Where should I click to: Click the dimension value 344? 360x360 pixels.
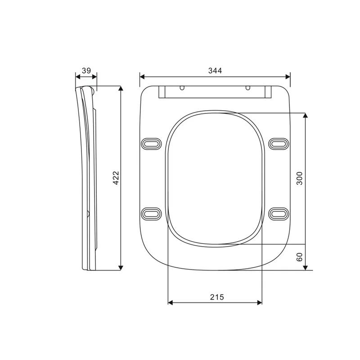coord(215,71)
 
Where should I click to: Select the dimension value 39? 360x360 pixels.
coord(86,71)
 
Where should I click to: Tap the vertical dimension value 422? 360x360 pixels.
coord(116,178)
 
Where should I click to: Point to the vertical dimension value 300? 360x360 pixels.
coord(300,178)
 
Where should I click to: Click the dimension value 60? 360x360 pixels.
coord(299,257)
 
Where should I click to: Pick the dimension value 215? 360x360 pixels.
coord(217,297)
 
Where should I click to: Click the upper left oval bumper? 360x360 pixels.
coord(151,144)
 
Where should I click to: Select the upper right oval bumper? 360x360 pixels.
coord(279,144)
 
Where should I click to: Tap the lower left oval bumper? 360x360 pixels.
coord(151,214)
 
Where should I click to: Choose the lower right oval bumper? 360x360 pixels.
coord(279,214)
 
